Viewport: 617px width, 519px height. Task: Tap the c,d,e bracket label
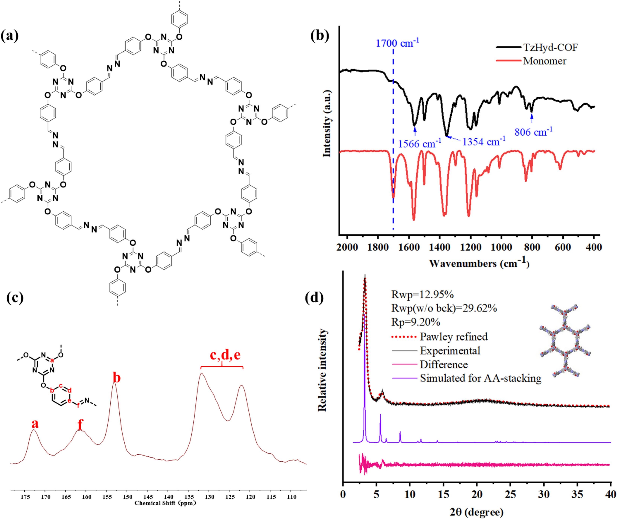coord(225,355)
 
